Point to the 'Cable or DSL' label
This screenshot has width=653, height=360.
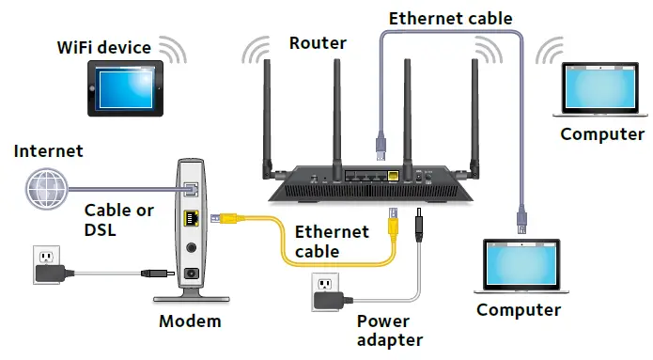click(119, 220)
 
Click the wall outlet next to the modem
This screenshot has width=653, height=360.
click(45, 258)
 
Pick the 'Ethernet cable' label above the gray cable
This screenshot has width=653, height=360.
click(450, 17)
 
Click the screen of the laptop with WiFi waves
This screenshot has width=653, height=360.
click(602, 92)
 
